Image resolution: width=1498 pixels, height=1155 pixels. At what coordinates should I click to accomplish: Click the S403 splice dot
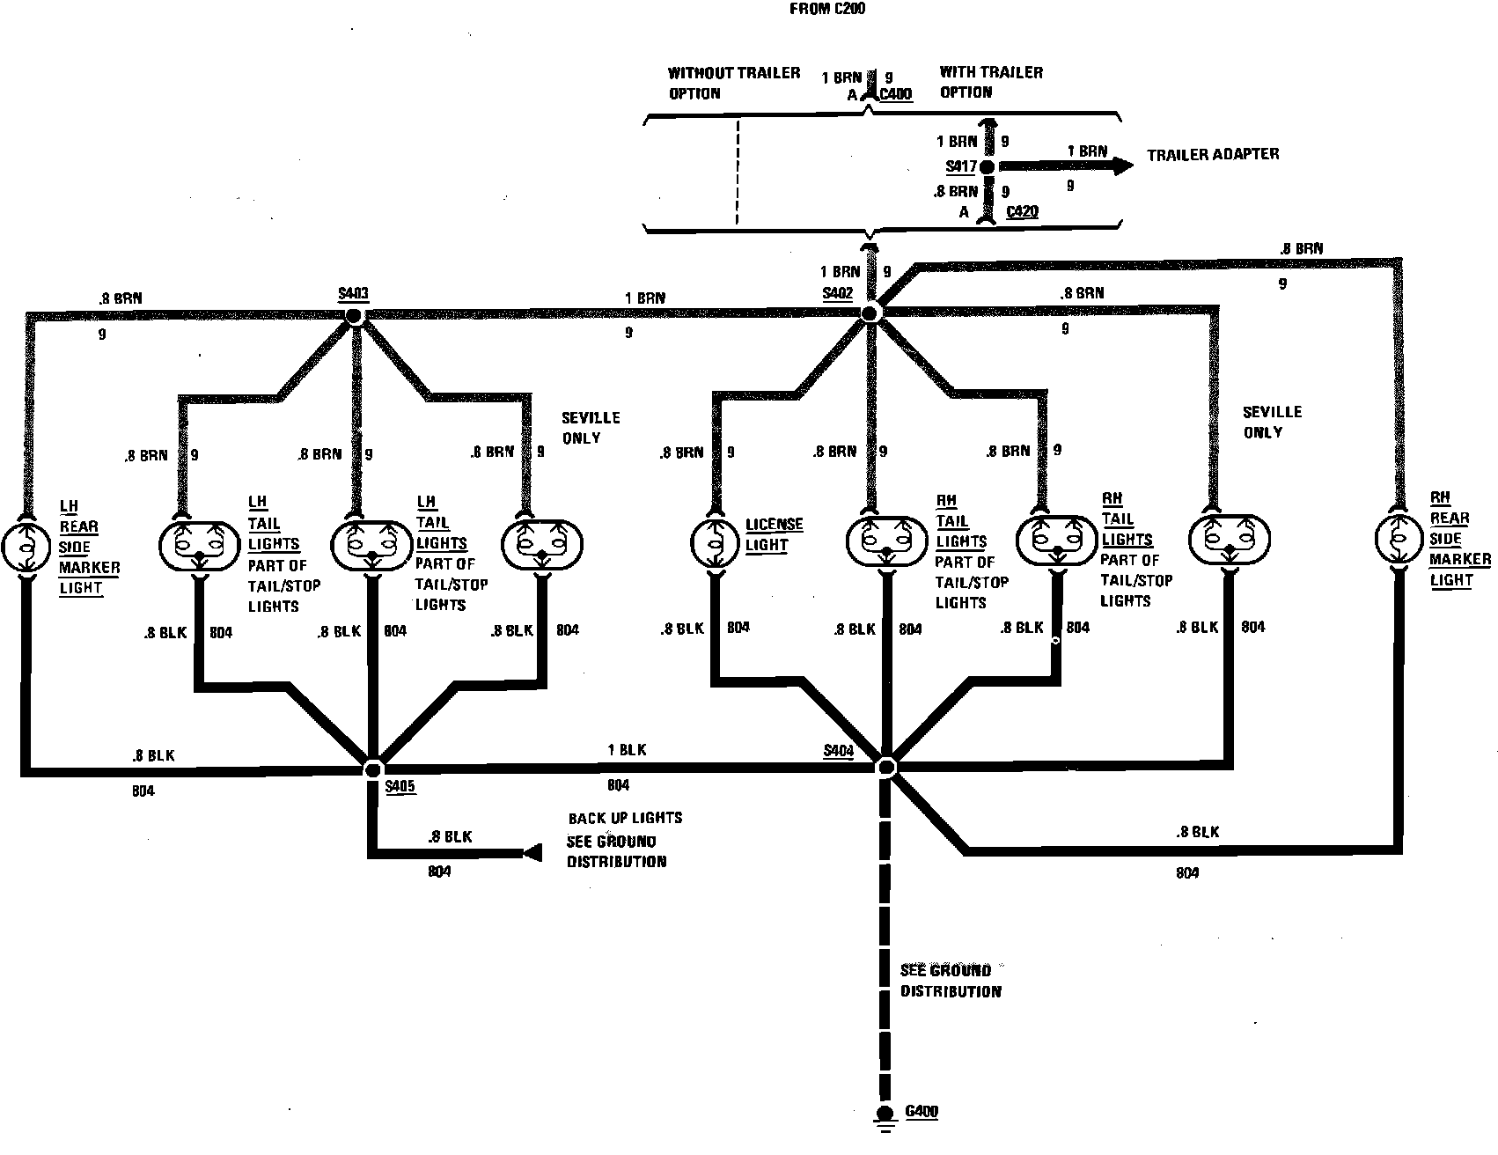tap(355, 317)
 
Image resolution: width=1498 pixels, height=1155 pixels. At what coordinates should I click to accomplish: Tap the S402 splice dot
tap(870, 313)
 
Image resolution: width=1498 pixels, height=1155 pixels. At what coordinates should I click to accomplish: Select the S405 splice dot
tap(373, 769)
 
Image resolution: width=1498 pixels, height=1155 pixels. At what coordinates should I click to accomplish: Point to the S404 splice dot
tap(885, 767)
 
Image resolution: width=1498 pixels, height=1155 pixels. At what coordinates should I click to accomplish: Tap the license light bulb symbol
tap(712, 542)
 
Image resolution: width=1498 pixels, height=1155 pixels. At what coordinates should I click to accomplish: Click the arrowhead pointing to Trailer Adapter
tap(1121, 165)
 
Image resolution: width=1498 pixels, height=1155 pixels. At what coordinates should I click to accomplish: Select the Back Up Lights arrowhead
tap(532, 852)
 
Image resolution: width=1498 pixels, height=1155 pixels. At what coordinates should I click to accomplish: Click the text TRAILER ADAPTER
tap(1213, 154)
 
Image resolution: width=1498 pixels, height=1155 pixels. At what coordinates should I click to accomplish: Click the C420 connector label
tap(1021, 212)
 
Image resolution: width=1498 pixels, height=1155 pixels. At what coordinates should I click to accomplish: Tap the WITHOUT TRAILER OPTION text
tap(733, 83)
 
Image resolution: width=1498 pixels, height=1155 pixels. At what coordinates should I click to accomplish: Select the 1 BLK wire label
tap(627, 750)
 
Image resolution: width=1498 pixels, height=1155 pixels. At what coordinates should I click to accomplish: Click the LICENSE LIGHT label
tap(774, 534)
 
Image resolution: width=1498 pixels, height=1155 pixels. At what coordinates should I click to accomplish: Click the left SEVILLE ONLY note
tap(591, 428)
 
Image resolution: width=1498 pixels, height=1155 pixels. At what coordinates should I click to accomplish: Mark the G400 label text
tap(922, 1111)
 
